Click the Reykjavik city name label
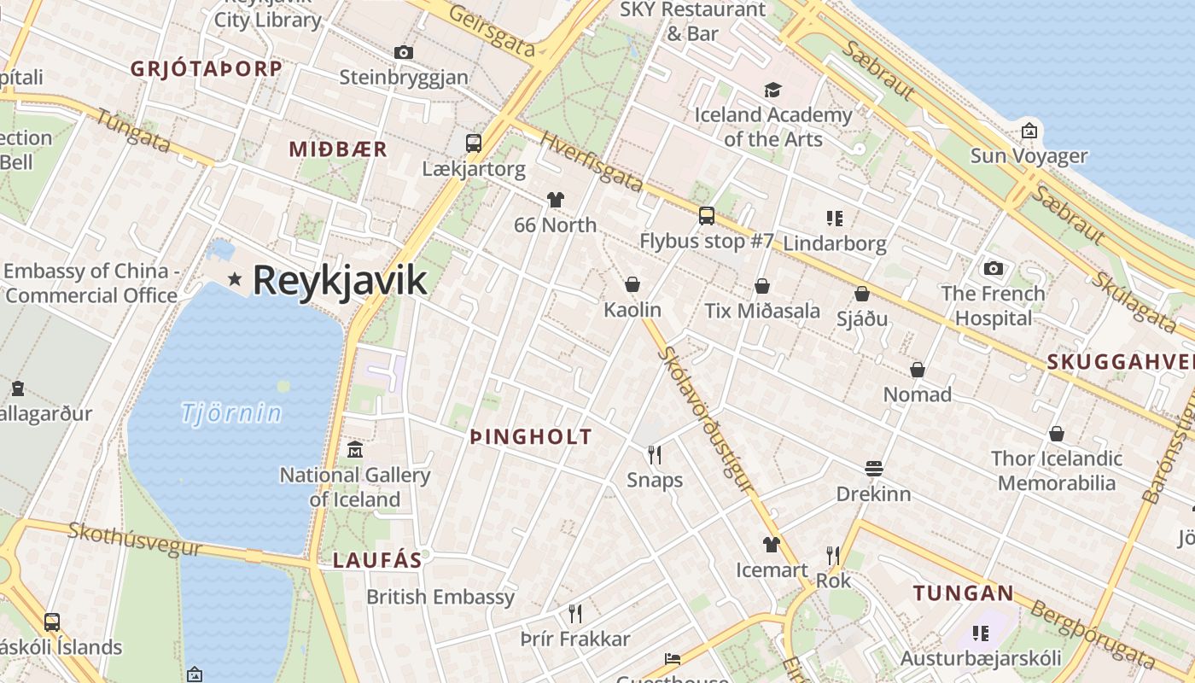pyautogui.click(x=339, y=280)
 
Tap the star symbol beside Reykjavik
pyautogui.click(x=235, y=279)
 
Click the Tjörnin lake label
pyautogui.click(x=231, y=413)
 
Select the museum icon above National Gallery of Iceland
pyautogui.click(x=355, y=449)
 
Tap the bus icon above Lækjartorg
pyautogui.click(x=474, y=143)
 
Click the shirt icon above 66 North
pyautogui.click(x=556, y=200)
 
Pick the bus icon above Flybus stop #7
pyautogui.click(x=707, y=215)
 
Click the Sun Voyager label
pyautogui.click(x=1029, y=156)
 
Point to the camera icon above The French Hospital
pyautogui.click(x=993, y=268)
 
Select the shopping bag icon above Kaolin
pyautogui.click(x=632, y=284)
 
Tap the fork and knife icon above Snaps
pyautogui.click(x=655, y=454)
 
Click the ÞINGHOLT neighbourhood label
pyautogui.click(x=531, y=437)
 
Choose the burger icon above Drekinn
pyautogui.click(x=873, y=468)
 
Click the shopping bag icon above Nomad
pyautogui.click(x=918, y=370)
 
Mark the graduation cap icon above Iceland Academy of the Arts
pyautogui.click(x=772, y=90)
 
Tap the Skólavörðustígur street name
pyautogui.click(x=708, y=418)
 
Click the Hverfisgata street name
pyautogui.click(x=591, y=162)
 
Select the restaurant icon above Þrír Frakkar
pyautogui.click(x=575, y=613)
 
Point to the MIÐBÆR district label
pyautogui.click(x=338, y=149)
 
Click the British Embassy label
pyautogui.click(x=440, y=597)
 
